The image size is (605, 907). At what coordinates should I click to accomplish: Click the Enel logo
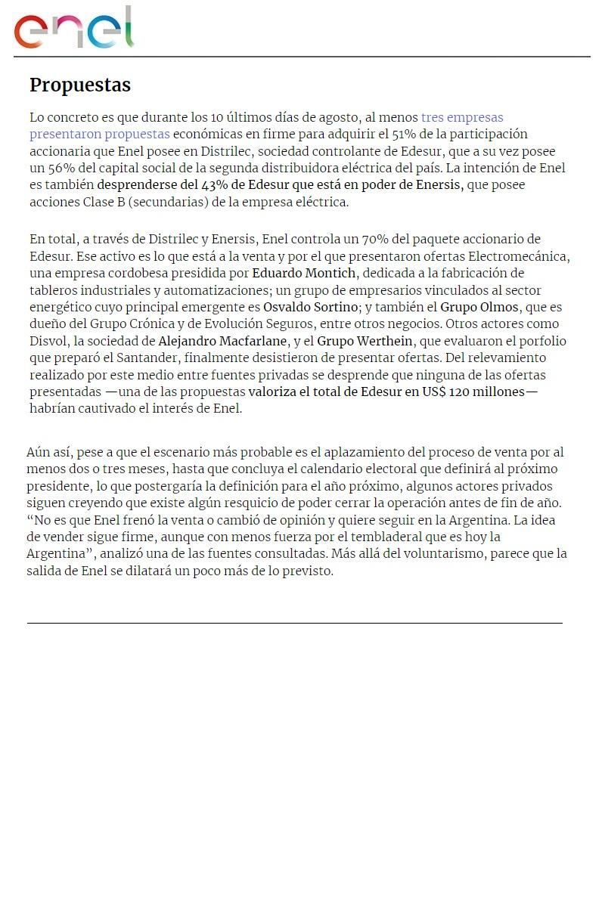point(73,29)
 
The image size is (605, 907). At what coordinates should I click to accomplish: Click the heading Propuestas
point(80,85)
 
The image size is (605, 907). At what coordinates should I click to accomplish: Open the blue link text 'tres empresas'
point(462,117)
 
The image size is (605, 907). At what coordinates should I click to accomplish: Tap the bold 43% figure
point(216,185)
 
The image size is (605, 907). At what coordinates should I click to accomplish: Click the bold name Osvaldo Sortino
point(310,307)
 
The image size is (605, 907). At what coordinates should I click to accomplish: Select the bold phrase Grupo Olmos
point(479,307)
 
